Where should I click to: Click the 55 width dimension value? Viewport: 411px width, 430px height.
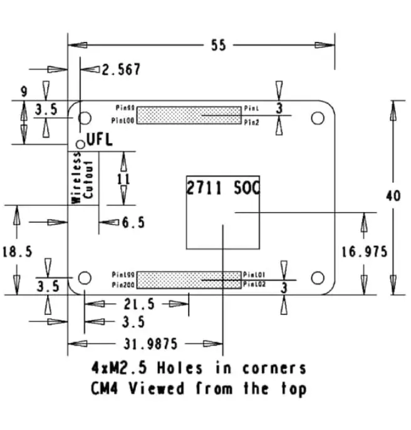(x=218, y=46)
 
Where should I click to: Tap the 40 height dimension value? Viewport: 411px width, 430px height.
(x=392, y=196)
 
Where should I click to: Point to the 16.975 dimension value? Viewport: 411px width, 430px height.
(x=364, y=252)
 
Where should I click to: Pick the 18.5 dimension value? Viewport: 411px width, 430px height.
(x=17, y=252)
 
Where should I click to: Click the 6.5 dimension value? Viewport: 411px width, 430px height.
(x=133, y=222)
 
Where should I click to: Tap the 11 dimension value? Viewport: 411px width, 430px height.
(x=123, y=179)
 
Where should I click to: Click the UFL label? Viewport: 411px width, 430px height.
(x=99, y=140)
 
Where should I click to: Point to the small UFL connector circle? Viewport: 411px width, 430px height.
(x=80, y=145)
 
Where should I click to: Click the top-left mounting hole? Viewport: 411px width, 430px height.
(x=85, y=117)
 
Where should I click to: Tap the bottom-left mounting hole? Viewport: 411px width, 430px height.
(x=85, y=277)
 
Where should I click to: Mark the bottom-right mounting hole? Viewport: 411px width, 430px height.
(x=318, y=277)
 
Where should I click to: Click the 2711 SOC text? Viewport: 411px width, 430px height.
(x=223, y=187)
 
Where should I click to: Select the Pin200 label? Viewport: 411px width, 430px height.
(x=123, y=285)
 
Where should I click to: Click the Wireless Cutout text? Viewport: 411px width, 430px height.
(x=82, y=180)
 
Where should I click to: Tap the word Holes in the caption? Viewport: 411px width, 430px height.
(x=183, y=367)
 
